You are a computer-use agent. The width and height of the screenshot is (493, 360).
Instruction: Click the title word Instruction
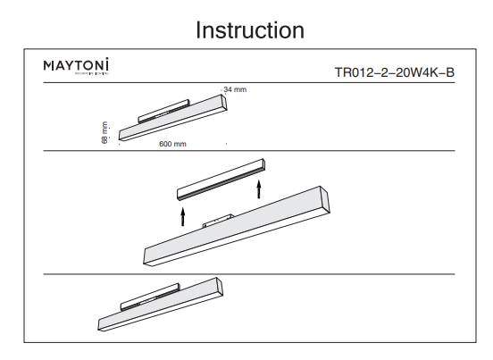[250, 29]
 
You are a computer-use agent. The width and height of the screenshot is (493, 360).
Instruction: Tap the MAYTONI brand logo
[77, 68]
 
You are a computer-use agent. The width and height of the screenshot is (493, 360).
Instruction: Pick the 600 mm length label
[172, 144]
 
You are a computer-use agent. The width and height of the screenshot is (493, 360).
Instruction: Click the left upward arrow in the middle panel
[182, 216]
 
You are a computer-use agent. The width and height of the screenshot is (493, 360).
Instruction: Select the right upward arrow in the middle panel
[259, 189]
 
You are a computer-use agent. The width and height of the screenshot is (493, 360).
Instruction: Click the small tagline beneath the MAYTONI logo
[77, 77]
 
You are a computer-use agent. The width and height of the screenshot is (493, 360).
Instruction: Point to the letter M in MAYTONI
[49, 68]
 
